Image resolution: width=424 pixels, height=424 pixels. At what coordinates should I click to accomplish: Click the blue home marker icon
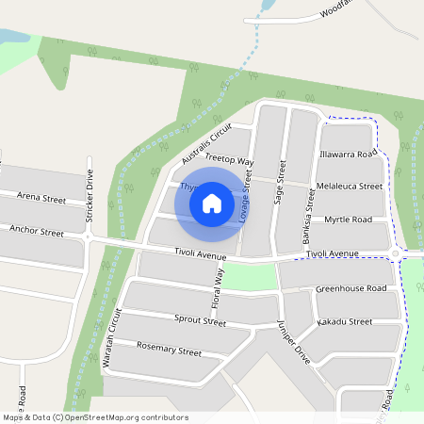(212, 203)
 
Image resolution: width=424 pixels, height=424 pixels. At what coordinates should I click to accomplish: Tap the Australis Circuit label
(206, 143)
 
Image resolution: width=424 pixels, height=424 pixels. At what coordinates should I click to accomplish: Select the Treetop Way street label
(230, 161)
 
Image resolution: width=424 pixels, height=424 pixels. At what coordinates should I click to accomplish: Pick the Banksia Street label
(307, 217)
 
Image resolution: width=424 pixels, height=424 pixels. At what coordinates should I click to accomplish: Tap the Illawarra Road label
(348, 153)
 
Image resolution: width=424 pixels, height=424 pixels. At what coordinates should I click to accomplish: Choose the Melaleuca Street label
(350, 187)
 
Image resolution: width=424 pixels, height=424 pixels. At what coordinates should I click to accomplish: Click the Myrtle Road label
(349, 219)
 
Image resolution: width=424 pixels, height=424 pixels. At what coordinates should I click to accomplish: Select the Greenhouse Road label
(351, 288)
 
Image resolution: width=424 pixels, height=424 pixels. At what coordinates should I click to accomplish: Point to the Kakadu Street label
(345, 321)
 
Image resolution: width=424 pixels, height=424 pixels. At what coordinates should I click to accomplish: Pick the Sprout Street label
(200, 320)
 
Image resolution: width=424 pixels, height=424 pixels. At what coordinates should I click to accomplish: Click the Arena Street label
(41, 199)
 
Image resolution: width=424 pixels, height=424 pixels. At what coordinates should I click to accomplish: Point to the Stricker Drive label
(90, 194)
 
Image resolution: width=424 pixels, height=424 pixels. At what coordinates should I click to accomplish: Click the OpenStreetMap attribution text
(96, 417)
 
